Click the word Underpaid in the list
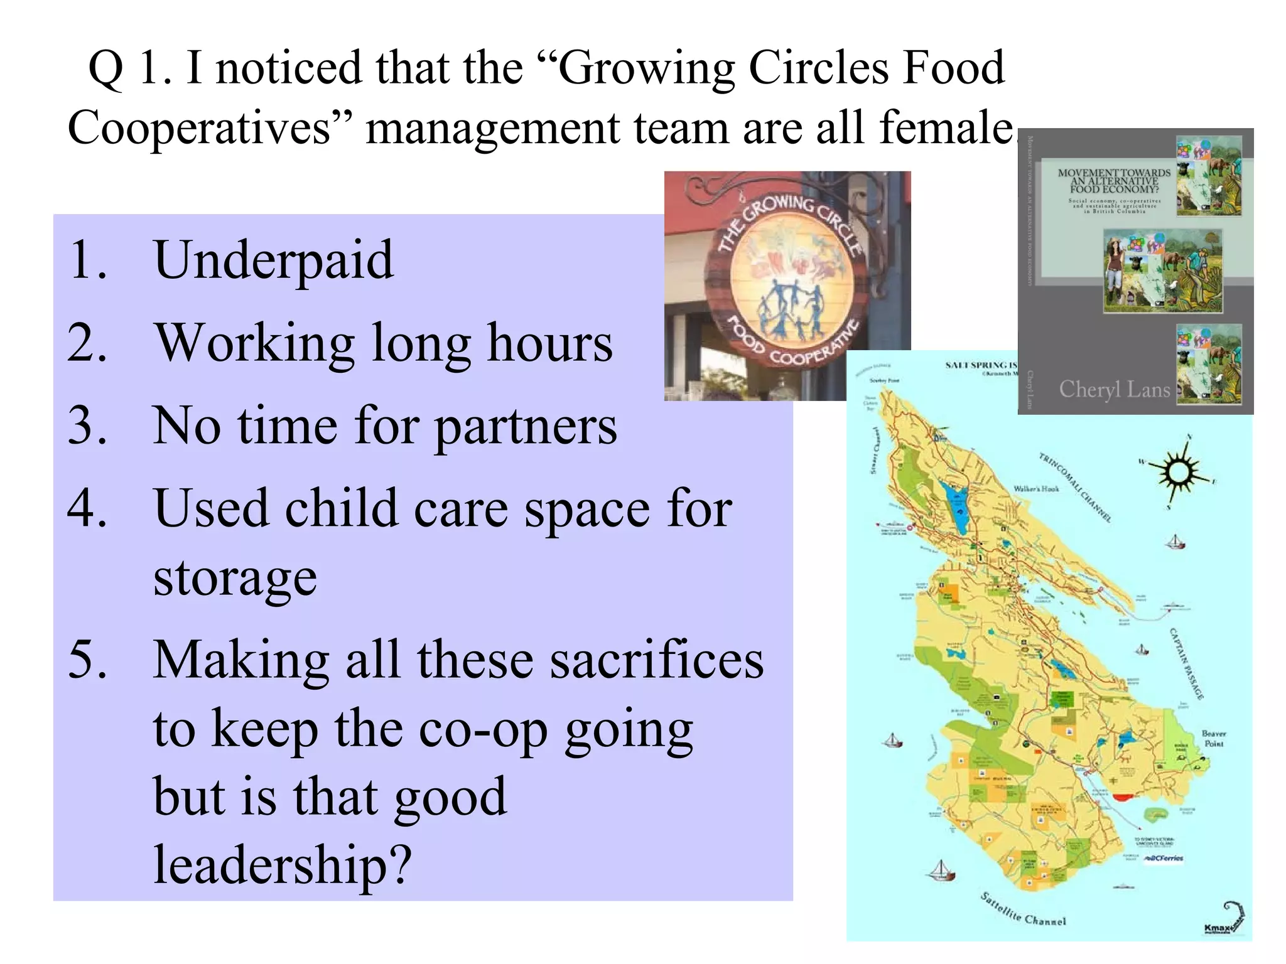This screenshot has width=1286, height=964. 274,260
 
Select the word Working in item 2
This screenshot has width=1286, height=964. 255,344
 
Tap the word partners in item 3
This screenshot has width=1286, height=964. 526,427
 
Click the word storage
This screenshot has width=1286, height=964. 235,577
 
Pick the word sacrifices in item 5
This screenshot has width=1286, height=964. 657,660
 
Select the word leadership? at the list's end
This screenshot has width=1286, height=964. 283,865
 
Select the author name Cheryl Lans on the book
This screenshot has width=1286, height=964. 1115,390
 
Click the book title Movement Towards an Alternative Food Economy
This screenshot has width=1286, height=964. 1114,181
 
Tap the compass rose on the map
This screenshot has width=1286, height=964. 1177,472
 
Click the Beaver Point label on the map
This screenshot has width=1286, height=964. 1213,739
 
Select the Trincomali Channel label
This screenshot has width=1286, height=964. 1075,487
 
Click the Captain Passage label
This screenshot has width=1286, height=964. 1186,663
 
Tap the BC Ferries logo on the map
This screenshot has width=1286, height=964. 1164,858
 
